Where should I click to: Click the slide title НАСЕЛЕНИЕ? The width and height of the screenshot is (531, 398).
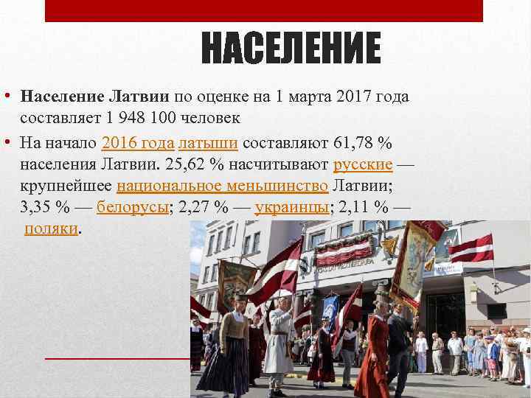[291, 49]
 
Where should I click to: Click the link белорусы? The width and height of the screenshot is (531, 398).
[133, 206]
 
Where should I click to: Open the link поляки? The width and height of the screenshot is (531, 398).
[51, 228]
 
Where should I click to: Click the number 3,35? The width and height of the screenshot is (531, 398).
[36, 206]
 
